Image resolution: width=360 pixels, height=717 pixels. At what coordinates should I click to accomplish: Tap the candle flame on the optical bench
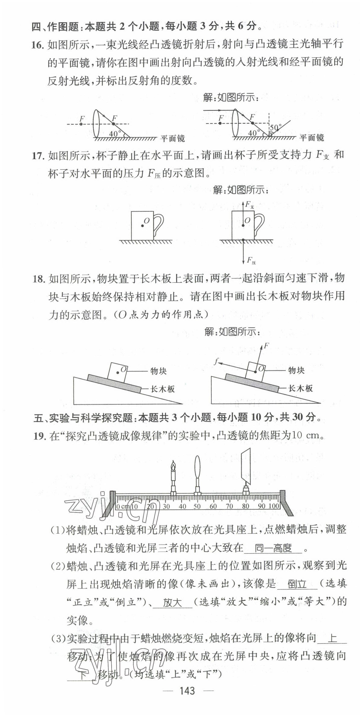173,465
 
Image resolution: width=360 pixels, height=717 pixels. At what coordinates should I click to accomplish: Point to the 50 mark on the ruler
197,506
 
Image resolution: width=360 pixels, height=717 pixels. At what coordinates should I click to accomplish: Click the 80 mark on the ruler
245,506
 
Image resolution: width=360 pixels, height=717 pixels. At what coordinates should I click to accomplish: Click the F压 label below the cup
251,261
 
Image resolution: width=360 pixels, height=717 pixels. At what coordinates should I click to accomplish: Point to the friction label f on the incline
216,361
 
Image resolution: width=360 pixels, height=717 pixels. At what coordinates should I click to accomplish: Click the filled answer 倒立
297,584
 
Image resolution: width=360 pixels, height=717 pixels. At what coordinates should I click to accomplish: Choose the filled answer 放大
172,603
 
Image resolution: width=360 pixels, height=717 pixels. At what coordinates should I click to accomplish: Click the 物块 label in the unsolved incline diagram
158,371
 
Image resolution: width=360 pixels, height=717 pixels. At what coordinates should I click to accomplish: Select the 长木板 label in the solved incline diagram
300,389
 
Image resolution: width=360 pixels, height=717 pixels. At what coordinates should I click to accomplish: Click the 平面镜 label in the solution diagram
312,138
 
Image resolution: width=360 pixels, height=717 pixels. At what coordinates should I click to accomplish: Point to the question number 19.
39,436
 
